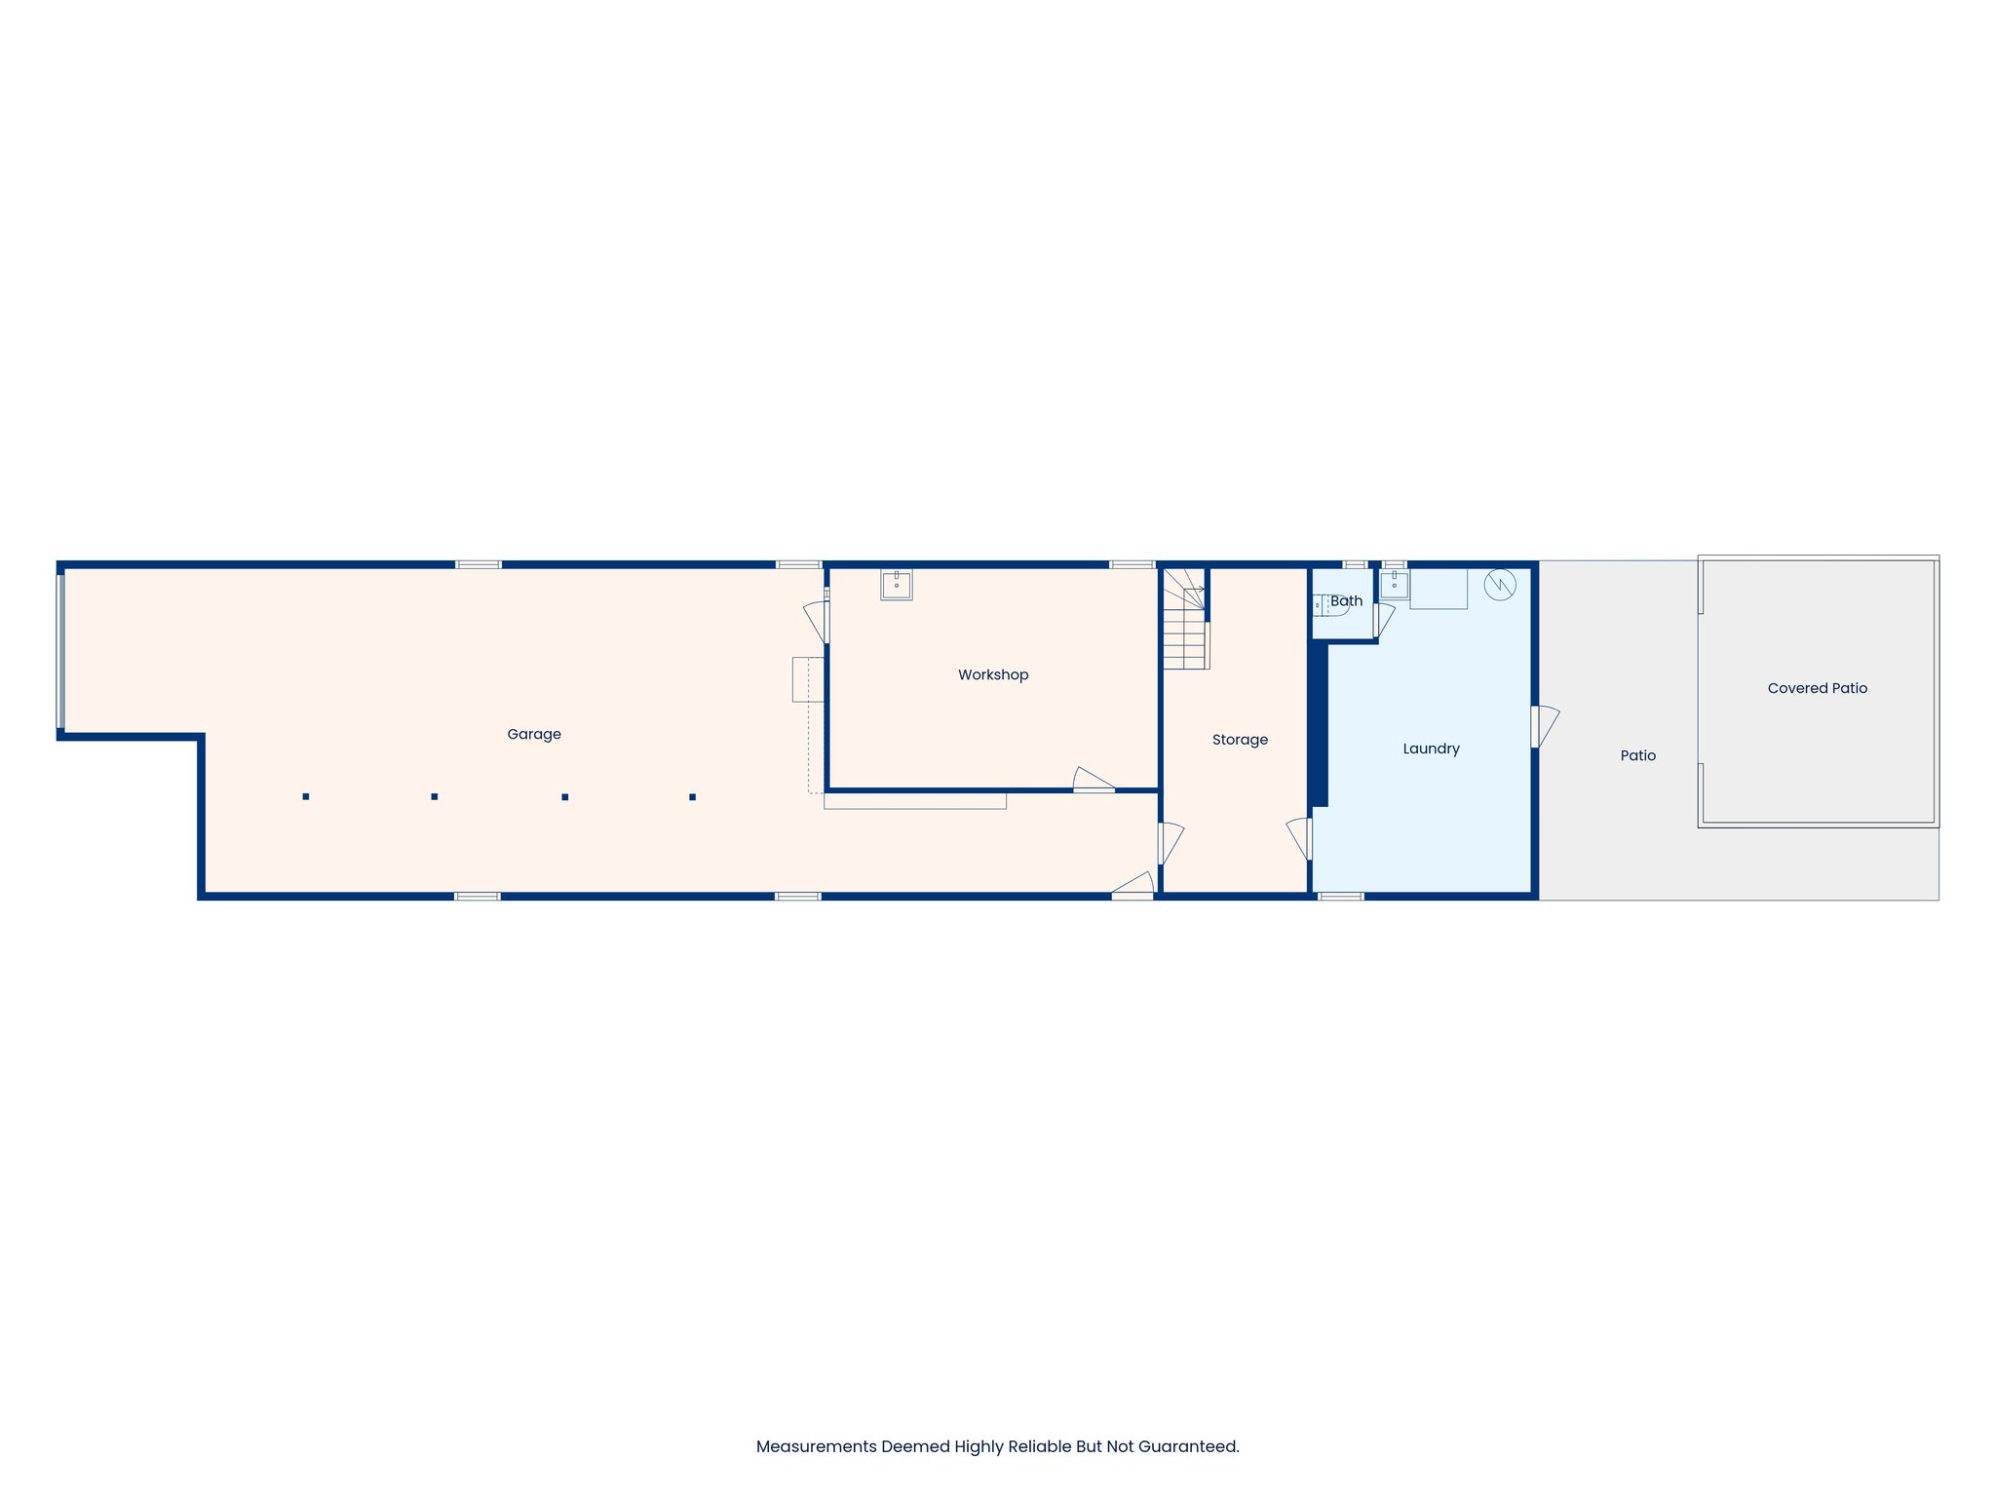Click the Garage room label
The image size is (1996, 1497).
point(534,734)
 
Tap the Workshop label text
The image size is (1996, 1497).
point(992,674)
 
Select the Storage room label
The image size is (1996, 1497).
point(1240,740)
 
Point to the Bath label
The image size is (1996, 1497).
point(1346,601)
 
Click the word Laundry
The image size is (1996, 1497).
point(1431,748)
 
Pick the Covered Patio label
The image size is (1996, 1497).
point(1817,688)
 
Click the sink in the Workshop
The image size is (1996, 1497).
point(896,585)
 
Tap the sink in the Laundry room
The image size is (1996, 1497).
point(1394,584)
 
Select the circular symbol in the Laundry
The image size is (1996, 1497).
point(1499,585)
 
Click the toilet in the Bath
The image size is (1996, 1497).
point(1329,605)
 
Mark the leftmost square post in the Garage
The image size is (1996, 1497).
point(306,796)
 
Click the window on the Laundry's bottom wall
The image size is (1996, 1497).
point(1340,896)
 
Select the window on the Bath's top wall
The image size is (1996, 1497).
point(1355,564)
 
